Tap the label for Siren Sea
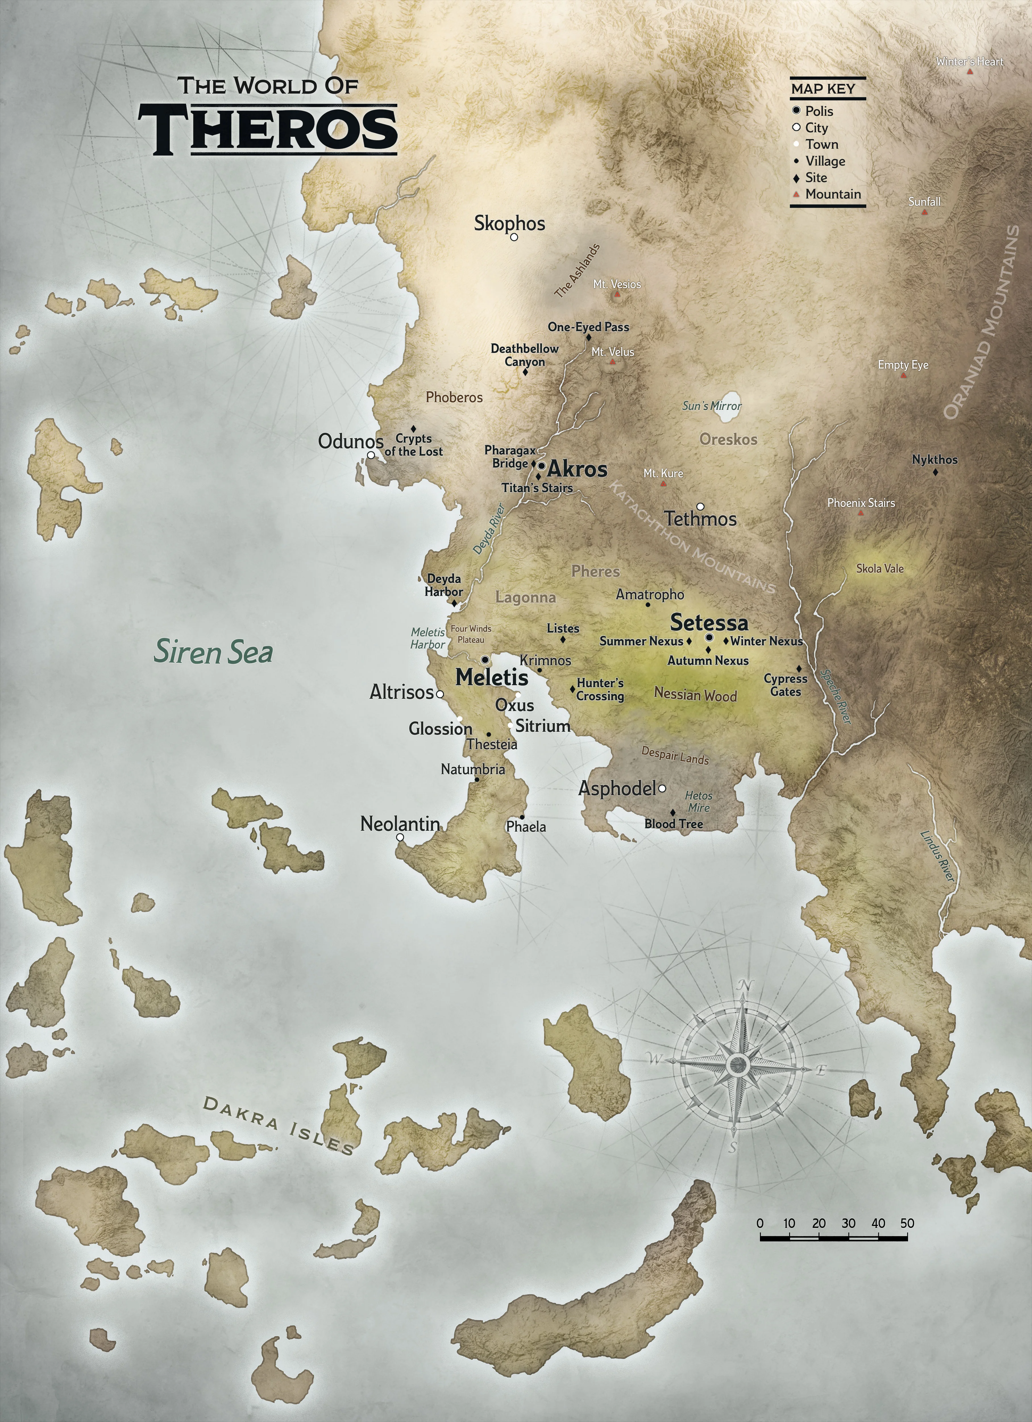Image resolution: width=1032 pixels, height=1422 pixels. click(214, 652)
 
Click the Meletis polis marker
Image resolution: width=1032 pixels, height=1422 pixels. click(485, 660)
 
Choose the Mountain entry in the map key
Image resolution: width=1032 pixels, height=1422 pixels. click(833, 194)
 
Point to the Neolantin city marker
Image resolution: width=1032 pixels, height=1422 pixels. click(400, 837)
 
